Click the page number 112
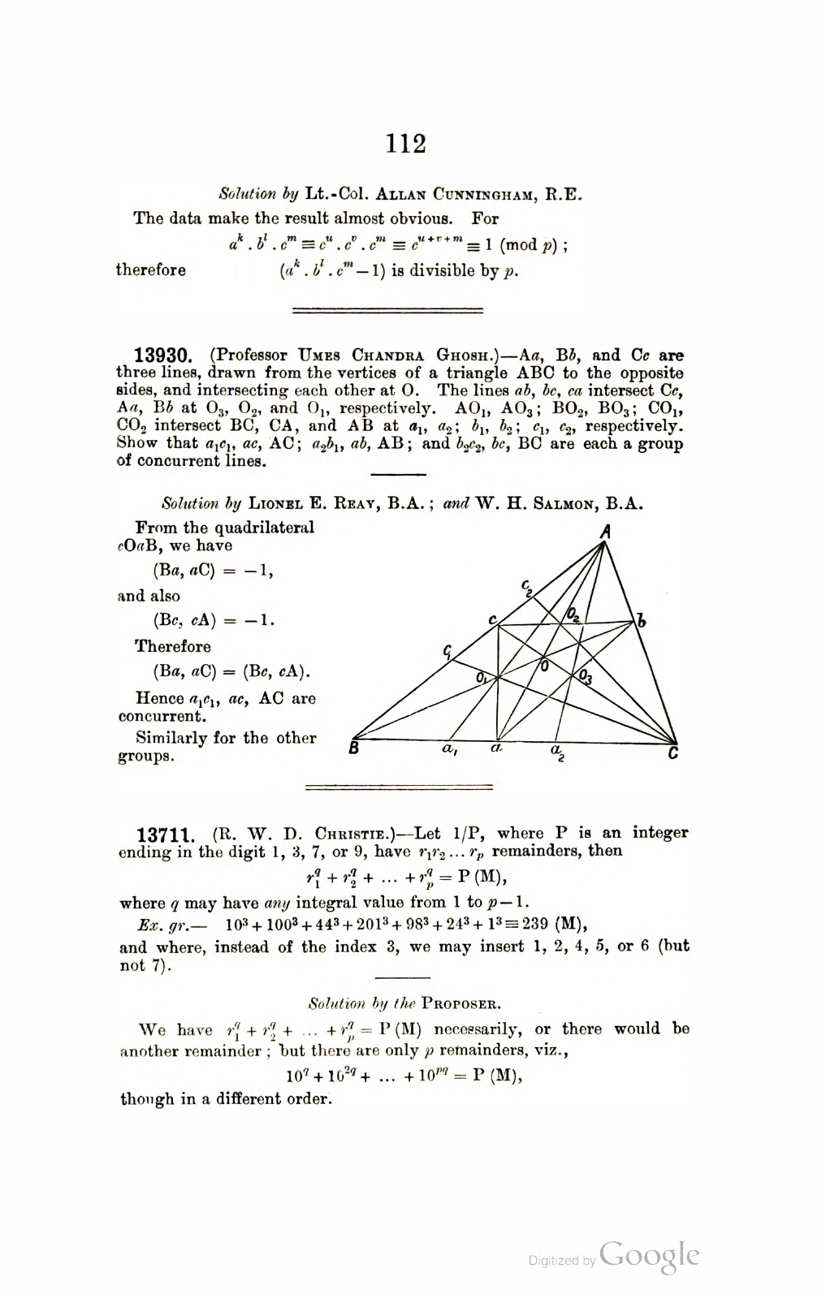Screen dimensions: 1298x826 click(x=406, y=144)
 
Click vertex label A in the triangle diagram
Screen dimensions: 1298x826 click(x=605, y=533)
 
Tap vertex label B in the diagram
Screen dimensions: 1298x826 click(x=354, y=748)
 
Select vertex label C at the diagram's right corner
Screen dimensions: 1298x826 click(x=672, y=754)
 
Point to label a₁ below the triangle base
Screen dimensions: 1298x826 click(x=449, y=751)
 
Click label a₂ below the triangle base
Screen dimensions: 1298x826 click(x=558, y=752)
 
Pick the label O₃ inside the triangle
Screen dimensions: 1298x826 click(x=586, y=677)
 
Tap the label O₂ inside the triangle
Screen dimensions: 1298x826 click(x=573, y=615)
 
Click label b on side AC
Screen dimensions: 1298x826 click(x=642, y=622)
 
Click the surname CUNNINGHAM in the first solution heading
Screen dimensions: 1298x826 click(x=477, y=195)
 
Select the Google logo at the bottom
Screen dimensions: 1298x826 click(x=650, y=1255)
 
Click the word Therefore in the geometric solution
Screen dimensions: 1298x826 click(x=173, y=647)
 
